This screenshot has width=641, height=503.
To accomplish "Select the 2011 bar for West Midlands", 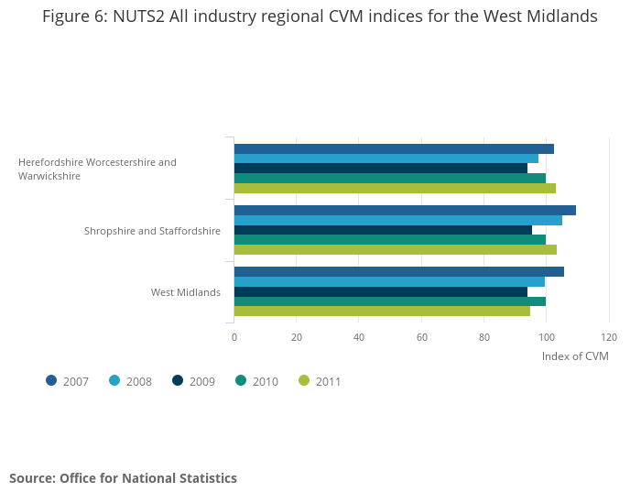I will [x=382, y=311].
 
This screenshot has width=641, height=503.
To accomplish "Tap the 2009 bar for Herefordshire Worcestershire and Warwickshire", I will [x=380, y=169].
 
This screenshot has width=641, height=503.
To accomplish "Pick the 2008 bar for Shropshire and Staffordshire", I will [x=397, y=220].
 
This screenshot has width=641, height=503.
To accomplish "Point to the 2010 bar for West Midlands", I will [x=389, y=301].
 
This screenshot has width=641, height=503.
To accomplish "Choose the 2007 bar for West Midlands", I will [x=398, y=271].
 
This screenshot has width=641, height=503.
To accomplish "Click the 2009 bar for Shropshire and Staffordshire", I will [x=383, y=230].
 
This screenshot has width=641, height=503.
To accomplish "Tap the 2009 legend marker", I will [x=178, y=381].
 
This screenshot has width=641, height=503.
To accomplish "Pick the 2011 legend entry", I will [x=320, y=381].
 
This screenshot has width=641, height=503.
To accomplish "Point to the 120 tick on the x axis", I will [x=609, y=337].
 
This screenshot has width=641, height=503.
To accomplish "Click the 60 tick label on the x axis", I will [x=422, y=337].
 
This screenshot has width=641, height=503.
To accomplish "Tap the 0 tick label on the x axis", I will [x=234, y=337].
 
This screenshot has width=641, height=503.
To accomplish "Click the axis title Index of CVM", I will [x=575, y=356].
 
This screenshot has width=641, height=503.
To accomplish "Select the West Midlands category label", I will [x=186, y=292].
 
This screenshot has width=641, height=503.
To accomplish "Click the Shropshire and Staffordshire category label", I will [x=152, y=231].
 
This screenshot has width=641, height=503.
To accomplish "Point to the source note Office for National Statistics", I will [x=123, y=478].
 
